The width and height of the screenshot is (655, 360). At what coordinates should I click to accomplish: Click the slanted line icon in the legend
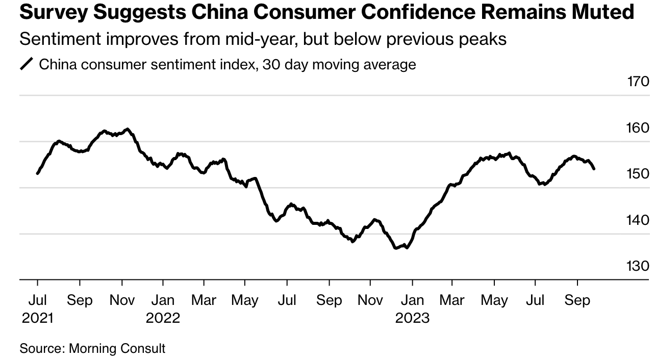click(x=27, y=65)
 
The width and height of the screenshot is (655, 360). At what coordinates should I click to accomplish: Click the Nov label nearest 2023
click(x=370, y=300)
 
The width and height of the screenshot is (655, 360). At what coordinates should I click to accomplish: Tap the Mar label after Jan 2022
click(x=204, y=300)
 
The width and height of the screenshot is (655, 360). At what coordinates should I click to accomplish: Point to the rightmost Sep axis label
click(x=577, y=300)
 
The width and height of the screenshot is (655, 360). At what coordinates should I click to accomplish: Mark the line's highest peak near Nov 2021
click(x=127, y=129)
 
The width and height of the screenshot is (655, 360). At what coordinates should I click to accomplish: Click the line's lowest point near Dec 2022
click(x=396, y=248)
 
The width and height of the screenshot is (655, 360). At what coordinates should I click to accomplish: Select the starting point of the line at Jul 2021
click(x=38, y=173)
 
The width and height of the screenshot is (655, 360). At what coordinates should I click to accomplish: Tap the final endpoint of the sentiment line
click(x=594, y=168)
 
